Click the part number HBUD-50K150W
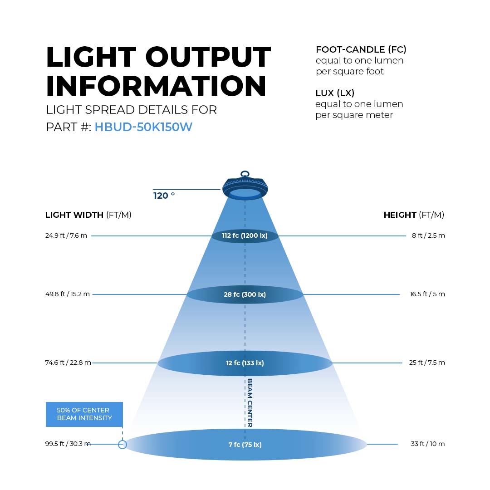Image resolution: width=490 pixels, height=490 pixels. pyautogui.click(x=143, y=127)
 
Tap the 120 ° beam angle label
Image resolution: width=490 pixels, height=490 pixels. pyautogui.click(x=164, y=196)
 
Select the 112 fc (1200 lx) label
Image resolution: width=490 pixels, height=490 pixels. pyautogui.click(x=245, y=235)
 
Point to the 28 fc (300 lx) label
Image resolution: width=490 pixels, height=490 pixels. pyautogui.click(x=245, y=294)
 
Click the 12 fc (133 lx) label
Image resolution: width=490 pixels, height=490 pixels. pyautogui.click(x=245, y=363)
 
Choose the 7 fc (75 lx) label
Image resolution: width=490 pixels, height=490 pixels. pyautogui.click(x=245, y=444)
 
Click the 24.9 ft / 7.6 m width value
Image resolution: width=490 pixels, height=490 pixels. pyautogui.click(x=66, y=235)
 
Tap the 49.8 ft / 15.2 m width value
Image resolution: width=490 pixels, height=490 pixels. pyautogui.click(x=68, y=294)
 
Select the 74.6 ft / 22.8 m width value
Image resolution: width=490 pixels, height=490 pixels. pyautogui.click(x=68, y=363)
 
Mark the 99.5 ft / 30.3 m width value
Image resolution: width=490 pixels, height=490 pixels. pyautogui.click(x=68, y=444)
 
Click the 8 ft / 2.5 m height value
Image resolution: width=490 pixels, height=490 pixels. pyautogui.click(x=428, y=235)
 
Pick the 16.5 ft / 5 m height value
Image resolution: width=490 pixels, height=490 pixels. pyautogui.click(x=427, y=294)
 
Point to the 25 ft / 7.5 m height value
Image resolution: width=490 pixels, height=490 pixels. pyautogui.click(x=427, y=363)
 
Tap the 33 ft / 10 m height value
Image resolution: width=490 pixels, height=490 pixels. pyautogui.click(x=427, y=444)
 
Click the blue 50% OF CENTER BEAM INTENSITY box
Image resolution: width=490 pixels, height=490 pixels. pyautogui.click(x=84, y=414)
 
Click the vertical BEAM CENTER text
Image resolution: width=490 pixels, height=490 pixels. pyautogui.click(x=250, y=403)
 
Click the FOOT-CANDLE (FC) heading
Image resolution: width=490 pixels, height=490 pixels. pyautogui.click(x=361, y=49)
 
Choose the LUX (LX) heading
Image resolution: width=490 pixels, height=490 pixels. pyautogui.click(x=335, y=93)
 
